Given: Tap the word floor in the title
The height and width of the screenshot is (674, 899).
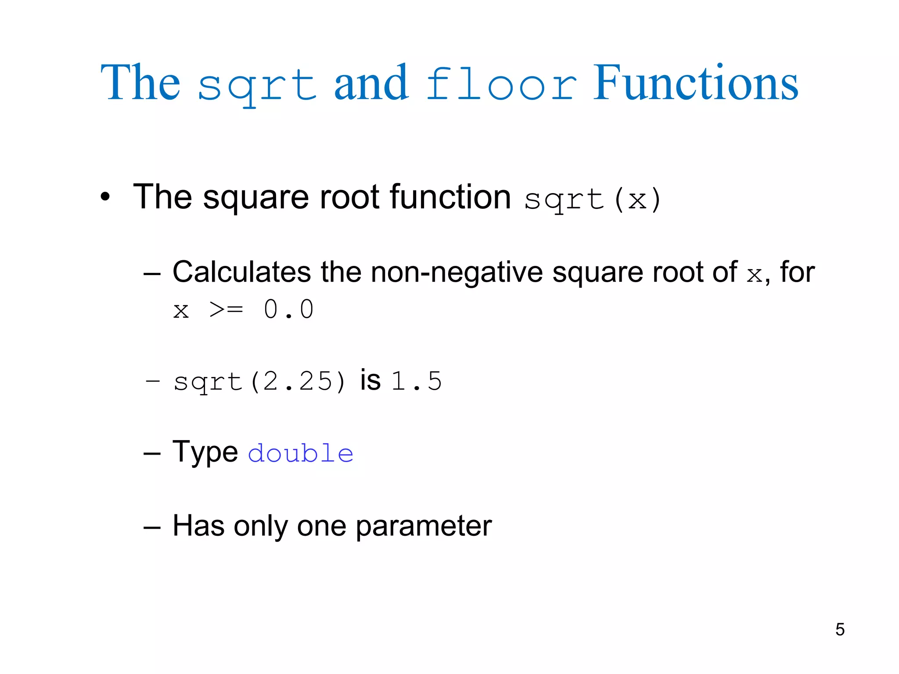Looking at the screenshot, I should (501, 84).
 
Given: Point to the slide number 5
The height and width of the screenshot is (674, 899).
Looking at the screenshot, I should (840, 629).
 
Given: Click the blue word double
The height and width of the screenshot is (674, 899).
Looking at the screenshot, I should (301, 453).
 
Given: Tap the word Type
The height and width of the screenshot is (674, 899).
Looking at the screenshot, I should (205, 452).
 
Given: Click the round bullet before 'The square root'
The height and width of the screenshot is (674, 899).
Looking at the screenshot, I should (104, 197).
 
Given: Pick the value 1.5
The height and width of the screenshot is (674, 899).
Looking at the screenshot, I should (416, 381).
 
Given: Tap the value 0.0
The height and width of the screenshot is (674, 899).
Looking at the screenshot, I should (288, 309).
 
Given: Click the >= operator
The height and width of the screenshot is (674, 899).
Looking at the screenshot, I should (226, 310).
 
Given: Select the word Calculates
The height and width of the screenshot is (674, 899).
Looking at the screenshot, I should (242, 272).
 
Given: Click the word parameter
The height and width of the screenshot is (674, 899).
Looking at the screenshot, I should (424, 526).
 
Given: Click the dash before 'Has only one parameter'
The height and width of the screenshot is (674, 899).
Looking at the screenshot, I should (152, 527).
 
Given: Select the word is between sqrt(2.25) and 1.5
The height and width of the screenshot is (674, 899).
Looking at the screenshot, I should (370, 380).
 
